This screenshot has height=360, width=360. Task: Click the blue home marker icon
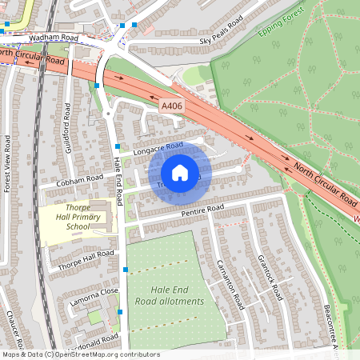(180, 173)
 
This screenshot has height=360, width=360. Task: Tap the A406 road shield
(170, 106)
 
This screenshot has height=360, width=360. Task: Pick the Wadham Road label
(53, 38)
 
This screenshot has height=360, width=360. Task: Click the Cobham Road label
(79, 179)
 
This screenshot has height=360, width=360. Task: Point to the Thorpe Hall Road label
(87, 258)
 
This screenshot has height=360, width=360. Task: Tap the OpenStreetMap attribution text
(80, 354)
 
